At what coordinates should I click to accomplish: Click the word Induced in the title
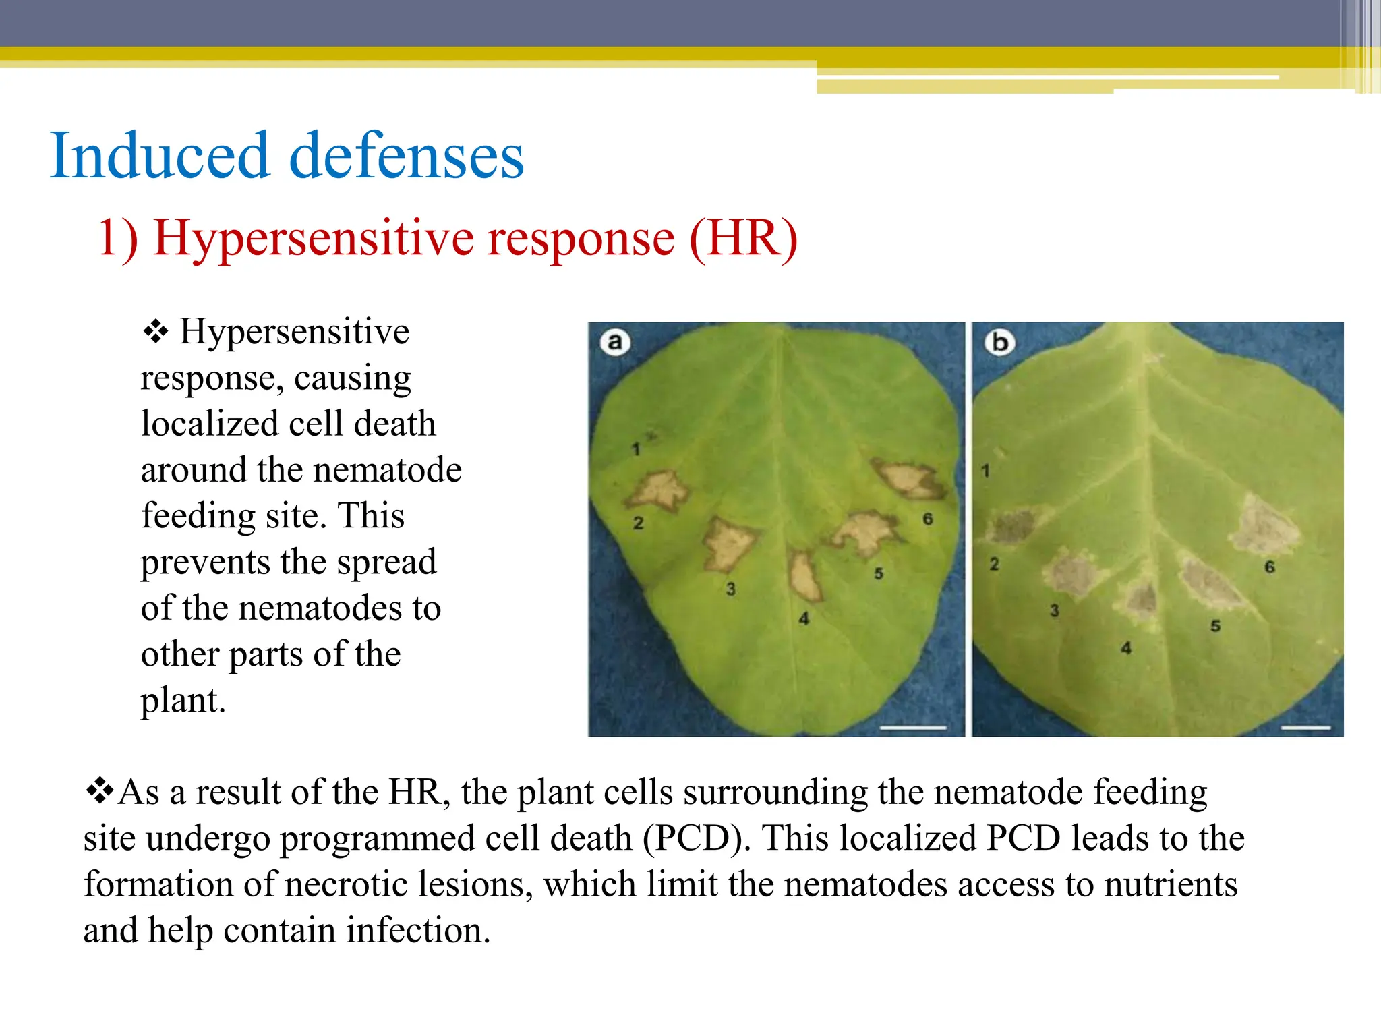[159, 156]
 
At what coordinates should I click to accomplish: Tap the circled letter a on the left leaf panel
[614, 342]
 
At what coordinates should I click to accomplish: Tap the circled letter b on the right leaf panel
[999, 342]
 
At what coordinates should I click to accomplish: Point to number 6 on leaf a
[928, 519]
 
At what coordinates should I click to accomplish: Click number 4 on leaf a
[804, 618]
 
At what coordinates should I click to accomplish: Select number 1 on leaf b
[985, 471]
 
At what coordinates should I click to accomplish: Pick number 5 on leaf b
[1215, 626]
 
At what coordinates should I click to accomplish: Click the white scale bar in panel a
[913, 728]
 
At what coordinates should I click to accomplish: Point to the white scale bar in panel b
[1305, 728]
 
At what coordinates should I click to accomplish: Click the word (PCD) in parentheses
[696, 838]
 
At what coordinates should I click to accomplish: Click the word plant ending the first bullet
[182, 700]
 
